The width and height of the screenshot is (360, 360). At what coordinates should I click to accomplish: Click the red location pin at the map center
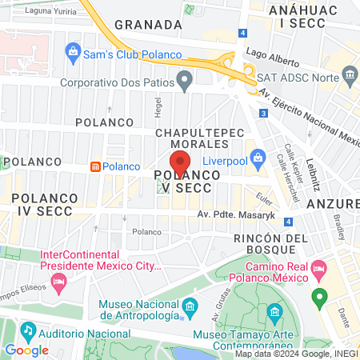coord(179,162)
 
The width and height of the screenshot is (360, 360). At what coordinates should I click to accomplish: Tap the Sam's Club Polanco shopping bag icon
coord(73,54)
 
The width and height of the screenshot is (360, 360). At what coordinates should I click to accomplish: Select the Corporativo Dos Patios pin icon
coord(185,80)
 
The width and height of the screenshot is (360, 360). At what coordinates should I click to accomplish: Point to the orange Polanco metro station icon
coord(95,166)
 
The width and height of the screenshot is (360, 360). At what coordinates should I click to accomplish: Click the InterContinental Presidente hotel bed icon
coord(58,282)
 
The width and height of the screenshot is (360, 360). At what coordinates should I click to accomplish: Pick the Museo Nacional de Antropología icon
coord(190,307)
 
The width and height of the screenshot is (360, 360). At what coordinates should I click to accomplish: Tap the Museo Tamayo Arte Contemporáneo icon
coord(276,310)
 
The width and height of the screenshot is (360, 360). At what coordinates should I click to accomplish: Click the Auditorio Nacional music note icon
coord(29,329)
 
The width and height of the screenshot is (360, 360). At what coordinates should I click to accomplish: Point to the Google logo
coord(26,350)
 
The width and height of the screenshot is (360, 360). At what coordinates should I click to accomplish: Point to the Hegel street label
coord(158,104)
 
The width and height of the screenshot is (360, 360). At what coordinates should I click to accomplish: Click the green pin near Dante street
coord(319,300)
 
